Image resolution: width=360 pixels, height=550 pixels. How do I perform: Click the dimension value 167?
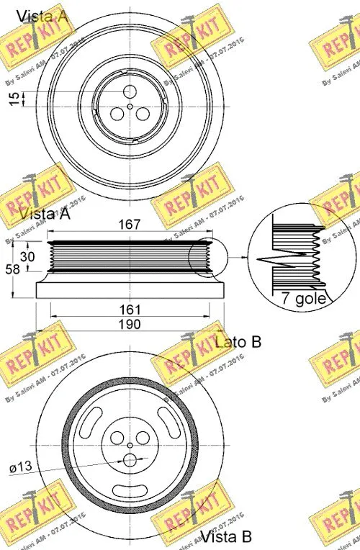(130, 225)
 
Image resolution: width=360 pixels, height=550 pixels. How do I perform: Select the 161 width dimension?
(130, 310)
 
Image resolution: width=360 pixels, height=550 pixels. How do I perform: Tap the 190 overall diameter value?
(130, 324)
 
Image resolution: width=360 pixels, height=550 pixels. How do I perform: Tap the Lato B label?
(238, 342)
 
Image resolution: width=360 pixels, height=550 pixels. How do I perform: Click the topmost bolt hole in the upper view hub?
(130, 91)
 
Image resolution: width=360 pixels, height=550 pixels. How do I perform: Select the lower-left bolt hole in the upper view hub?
(117, 114)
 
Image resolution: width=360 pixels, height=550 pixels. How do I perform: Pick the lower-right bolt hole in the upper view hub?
(143, 114)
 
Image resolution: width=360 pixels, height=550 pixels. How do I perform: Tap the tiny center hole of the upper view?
(130, 106)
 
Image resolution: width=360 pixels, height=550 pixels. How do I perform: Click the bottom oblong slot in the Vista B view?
(130, 491)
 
